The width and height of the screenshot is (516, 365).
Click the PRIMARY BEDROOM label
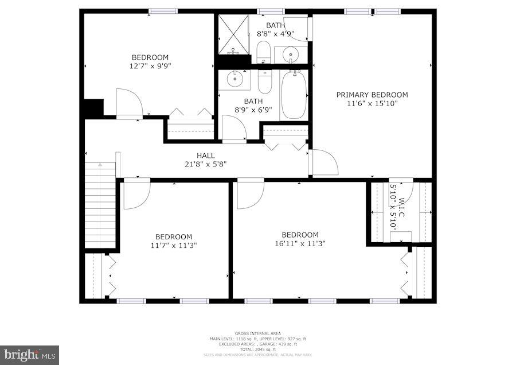(x=372, y=95)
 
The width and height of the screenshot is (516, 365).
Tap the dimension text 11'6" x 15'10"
(x=372, y=103)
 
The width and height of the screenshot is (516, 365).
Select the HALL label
(x=205, y=156)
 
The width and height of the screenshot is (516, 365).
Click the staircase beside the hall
(x=100, y=204)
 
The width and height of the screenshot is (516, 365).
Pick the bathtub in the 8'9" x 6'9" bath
(x=294, y=95)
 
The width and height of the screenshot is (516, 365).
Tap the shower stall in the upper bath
(x=233, y=34)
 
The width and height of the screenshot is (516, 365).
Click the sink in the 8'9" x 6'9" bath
(x=234, y=79)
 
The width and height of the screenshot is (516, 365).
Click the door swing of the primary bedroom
(x=323, y=163)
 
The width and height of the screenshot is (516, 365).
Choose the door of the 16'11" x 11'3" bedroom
(x=250, y=194)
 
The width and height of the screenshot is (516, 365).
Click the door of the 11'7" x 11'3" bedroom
(x=136, y=193)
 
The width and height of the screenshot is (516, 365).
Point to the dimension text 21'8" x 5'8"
(x=205, y=164)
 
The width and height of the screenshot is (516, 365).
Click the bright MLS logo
(x=29, y=355)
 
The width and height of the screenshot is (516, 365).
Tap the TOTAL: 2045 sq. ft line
(x=257, y=349)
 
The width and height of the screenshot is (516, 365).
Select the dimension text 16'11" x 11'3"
(x=300, y=243)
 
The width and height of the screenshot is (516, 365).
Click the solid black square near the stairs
(x=93, y=108)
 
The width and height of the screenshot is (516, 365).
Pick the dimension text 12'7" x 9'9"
(x=150, y=65)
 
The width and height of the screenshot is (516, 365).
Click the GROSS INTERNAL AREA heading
(x=257, y=333)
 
